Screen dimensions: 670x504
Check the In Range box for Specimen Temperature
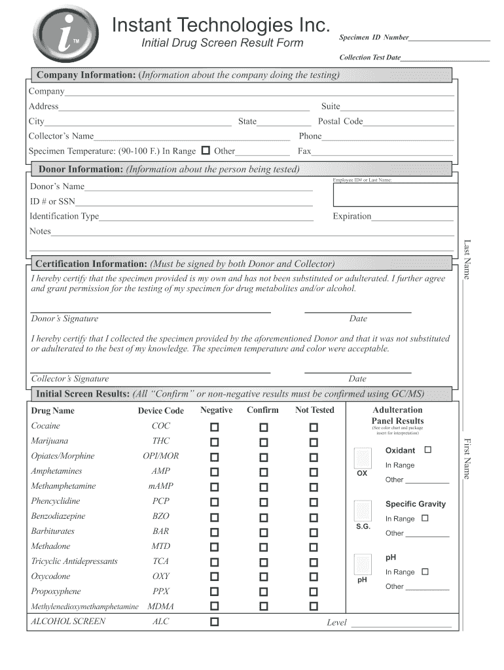click(x=206, y=150)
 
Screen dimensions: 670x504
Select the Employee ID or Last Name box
click(x=395, y=194)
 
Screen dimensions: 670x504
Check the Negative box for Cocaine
click(x=215, y=427)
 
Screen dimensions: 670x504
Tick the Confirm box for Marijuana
click(x=264, y=442)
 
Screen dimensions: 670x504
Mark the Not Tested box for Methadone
click(x=314, y=548)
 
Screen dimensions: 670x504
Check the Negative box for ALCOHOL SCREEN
click(x=215, y=622)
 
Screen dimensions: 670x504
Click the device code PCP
click(x=160, y=501)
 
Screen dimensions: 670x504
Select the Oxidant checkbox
click(x=428, y=450)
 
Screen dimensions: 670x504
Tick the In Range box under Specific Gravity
click(x=425, y=518)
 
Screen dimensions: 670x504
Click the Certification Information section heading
click(x=92, y=264)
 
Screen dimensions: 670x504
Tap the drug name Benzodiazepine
click(x=58, y=516)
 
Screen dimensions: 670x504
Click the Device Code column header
click(x=160, y=411)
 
